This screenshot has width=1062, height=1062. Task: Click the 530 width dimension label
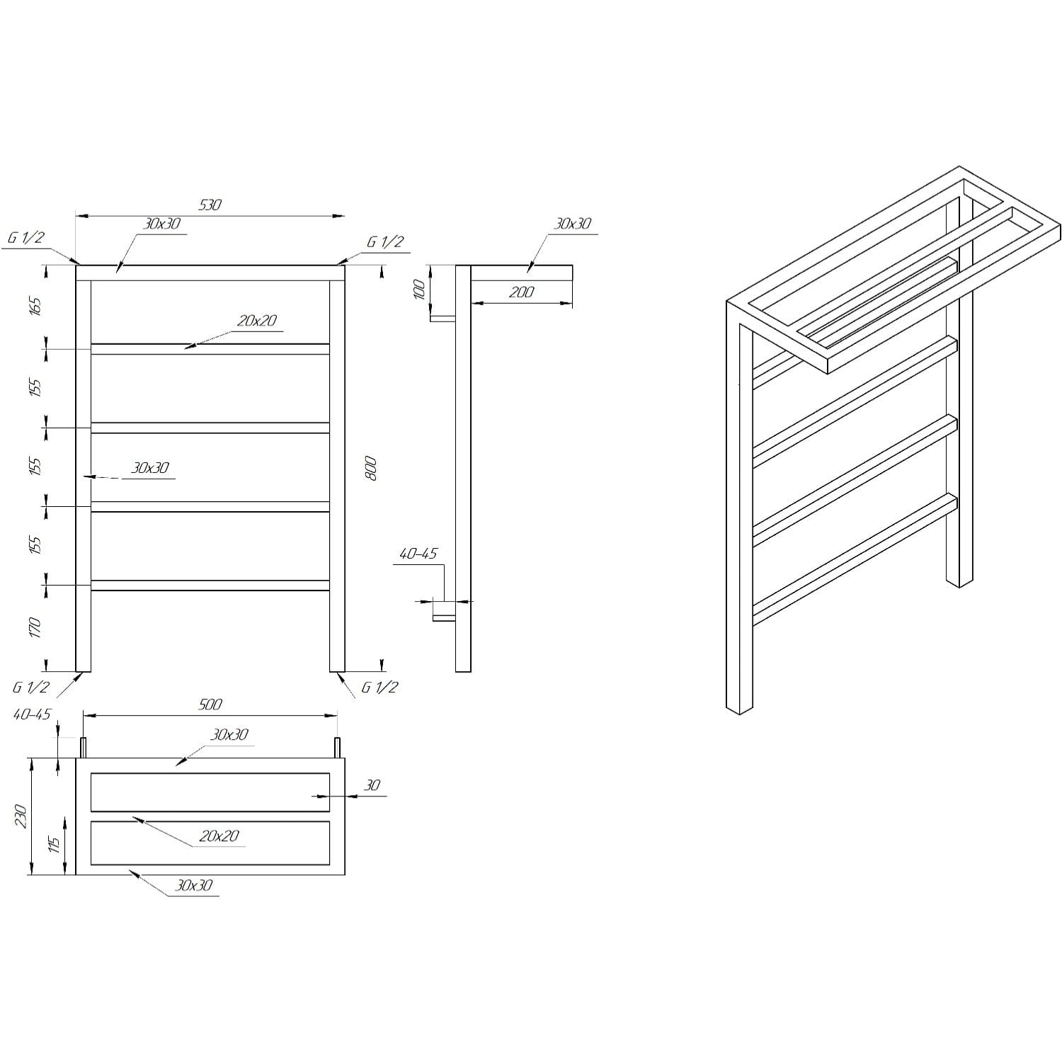tap(210, 205)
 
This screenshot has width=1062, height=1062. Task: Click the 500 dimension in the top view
tap(210, 704)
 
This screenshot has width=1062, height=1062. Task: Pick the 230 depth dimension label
tap(21, 816)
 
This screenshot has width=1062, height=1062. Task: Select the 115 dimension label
tap(54, 844)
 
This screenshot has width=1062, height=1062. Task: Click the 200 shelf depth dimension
tap(521, 292)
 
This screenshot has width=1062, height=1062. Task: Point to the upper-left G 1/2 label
tap(26, 238)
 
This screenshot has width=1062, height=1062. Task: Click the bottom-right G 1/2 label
tap(380, 687)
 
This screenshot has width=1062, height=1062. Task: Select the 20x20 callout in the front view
tap(256, 321)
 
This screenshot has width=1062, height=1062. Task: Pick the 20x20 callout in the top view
tap(219, 836)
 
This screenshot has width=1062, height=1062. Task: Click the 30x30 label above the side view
tap(572, 224)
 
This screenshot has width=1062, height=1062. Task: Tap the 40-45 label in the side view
tap(418, 554)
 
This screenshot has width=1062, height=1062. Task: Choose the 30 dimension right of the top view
tap(372, 785)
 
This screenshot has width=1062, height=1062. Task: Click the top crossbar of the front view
tap(210, 273)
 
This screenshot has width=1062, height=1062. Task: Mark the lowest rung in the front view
tap(210, 586)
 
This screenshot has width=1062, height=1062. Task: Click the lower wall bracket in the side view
tap(444, 610)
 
